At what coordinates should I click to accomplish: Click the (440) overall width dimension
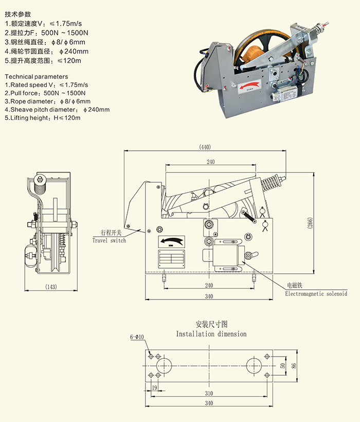point(205,147)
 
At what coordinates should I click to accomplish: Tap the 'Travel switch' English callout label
point(109,240)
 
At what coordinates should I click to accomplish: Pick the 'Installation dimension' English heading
point(211,334)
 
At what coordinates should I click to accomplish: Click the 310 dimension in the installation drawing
point(208,393)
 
